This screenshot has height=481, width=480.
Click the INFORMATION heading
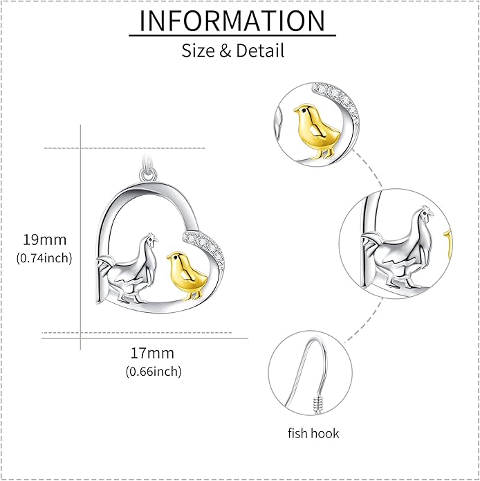232,21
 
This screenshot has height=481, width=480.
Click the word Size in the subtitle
198,51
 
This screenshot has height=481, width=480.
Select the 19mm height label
45,239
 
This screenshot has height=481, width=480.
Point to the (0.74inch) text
44,258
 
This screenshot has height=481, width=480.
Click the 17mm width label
152,353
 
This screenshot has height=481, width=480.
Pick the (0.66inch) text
154,372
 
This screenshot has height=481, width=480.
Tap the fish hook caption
313,433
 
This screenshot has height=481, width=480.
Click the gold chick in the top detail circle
317,130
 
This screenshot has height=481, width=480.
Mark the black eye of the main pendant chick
175,258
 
